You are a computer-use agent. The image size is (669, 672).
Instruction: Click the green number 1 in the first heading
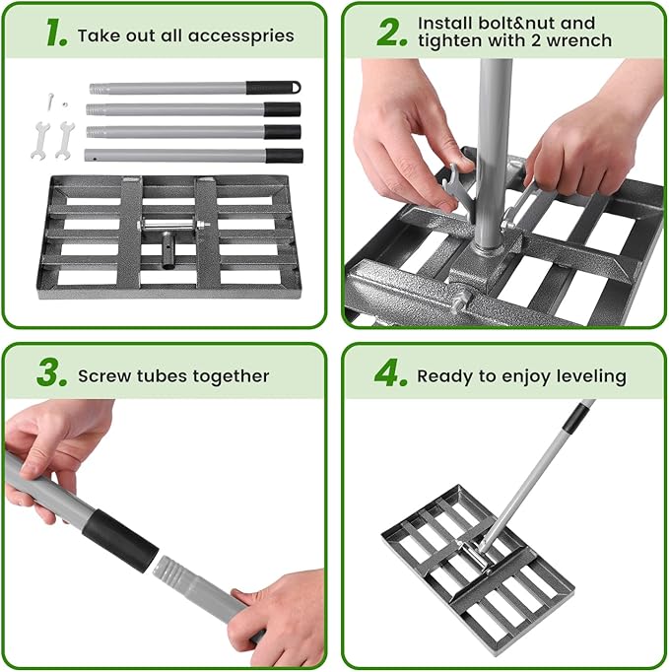pos(55,34)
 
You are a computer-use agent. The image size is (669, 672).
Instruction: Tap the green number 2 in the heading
pos(391,32)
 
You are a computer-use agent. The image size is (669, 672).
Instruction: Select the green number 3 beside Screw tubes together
pos(52,374)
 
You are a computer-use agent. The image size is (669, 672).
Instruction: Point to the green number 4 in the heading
pos(387,374)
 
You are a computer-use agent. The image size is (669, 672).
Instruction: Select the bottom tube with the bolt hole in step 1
pos(177,156)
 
